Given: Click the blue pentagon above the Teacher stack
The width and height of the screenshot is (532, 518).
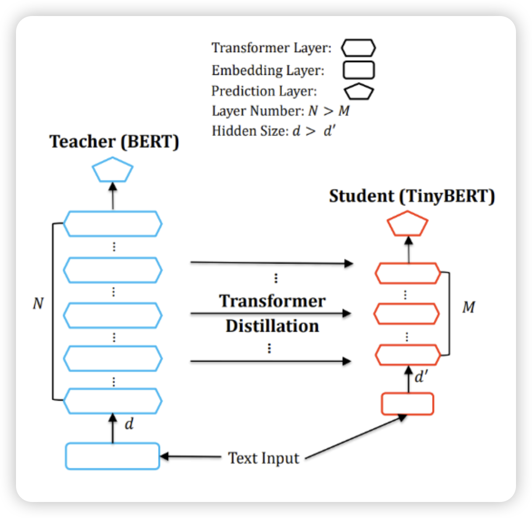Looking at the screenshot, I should pos(112,171).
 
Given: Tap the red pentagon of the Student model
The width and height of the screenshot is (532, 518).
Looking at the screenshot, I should pos(408,224).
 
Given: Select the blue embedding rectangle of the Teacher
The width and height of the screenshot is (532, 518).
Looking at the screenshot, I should pos(112,456).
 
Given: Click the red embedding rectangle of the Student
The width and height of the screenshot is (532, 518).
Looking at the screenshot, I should pos(408,404).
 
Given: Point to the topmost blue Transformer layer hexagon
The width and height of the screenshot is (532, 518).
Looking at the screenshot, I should pos(112,223).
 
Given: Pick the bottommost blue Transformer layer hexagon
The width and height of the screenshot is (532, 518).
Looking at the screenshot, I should pos(112,401).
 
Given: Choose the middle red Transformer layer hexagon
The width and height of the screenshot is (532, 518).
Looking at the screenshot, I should pos(406,314).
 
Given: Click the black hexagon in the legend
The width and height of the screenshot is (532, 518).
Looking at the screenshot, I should pos(358,48).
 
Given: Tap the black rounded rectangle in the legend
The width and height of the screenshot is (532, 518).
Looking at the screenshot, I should pos(358,70).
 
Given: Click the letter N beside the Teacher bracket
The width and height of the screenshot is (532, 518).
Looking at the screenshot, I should pos(38,303).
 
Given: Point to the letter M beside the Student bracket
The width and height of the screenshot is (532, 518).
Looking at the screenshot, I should pos(468,307).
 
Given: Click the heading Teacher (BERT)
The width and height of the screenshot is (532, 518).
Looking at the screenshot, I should pos(114,142).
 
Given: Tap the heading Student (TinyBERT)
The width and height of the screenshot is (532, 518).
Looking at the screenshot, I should pos(412,196).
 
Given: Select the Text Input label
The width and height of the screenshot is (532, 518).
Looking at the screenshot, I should pos(264,458).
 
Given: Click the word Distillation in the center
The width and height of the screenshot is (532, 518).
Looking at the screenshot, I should pos(272,326).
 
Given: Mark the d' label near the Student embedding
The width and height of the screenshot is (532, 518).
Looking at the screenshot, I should pos(421,377).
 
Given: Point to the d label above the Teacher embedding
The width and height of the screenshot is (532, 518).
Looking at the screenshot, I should pos(129,424).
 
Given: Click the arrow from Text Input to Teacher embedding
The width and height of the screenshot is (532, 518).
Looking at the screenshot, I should pos(191,456).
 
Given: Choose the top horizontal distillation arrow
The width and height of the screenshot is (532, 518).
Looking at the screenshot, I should pos(271,263).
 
